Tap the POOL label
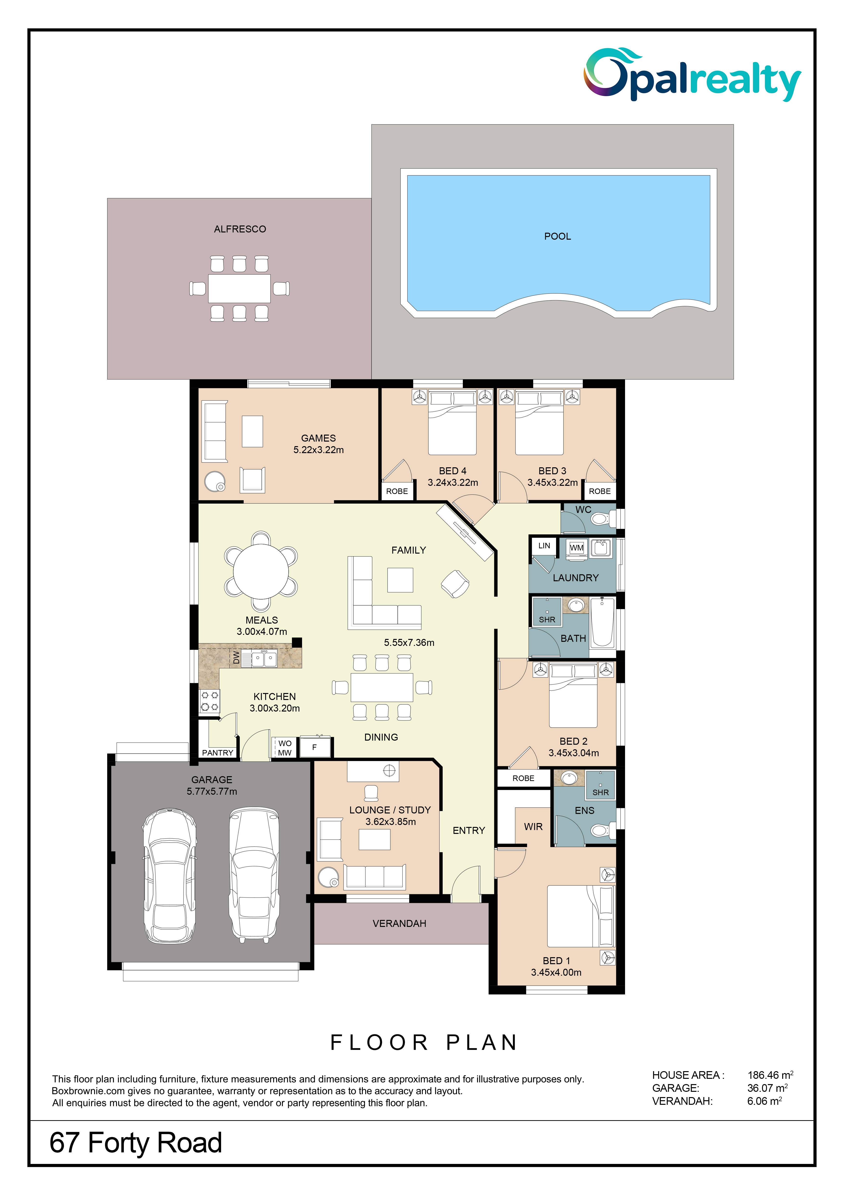[x=557, y=237]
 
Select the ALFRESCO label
[x=240, y=229]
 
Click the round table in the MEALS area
[x=261, y=571]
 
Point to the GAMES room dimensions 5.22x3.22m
[x=318, y=450]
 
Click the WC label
[x=583, y=510]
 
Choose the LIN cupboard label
[x=544, y=546]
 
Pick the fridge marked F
[x=314, y=747]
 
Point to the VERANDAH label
[x=399, y=923]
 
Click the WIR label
[x=533, y=827]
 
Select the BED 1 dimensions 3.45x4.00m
[x=556, y=972]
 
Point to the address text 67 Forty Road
[x=136, y=1143]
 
